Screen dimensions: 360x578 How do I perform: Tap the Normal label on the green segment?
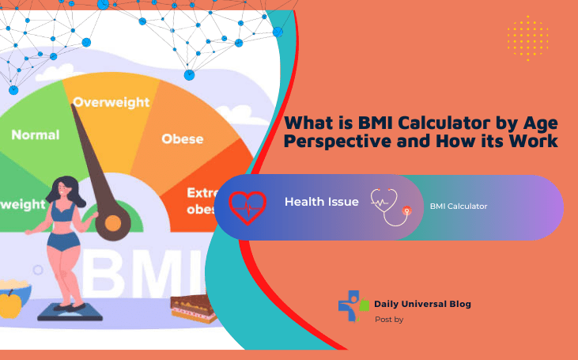pos(35,135)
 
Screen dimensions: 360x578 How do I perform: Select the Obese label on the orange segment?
pos(183,139)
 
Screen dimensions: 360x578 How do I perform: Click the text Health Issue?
pos(321,202)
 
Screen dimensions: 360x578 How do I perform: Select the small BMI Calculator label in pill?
pos(459,207)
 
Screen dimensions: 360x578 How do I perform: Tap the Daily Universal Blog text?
pos(423,304)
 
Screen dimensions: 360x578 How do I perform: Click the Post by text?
pos(389,320)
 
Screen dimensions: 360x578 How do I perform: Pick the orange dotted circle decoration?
pos(527,37)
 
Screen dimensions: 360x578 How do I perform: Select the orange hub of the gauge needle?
pos(113,224)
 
